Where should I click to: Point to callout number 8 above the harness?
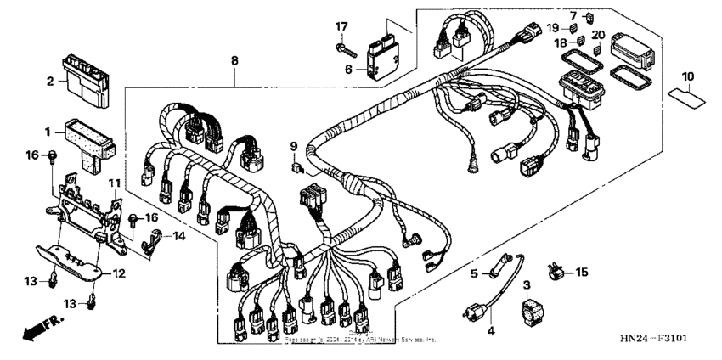click(x=234, y=60)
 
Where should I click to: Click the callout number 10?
click(x=687, y=77)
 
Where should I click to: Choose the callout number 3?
click(x=526, y=284)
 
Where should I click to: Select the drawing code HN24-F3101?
click(x=652, y=339)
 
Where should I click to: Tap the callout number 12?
click(x=120, y=273)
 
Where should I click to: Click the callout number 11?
click(x=114, y=183)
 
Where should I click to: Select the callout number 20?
click(x=598, y=35)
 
